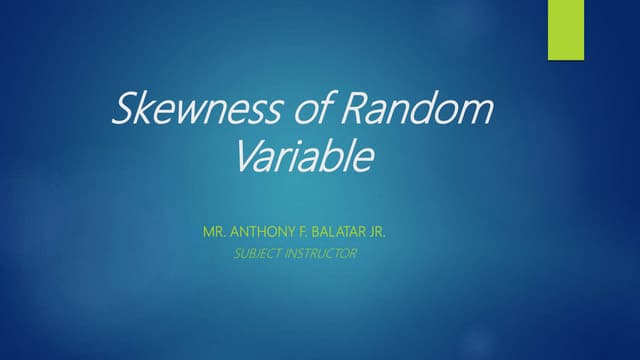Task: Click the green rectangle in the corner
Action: (x=566, y=30)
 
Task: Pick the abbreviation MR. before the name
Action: (x=214, y=232)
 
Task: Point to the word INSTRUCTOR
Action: (x=321, y=254)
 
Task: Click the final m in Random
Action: (x=475, y=113)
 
